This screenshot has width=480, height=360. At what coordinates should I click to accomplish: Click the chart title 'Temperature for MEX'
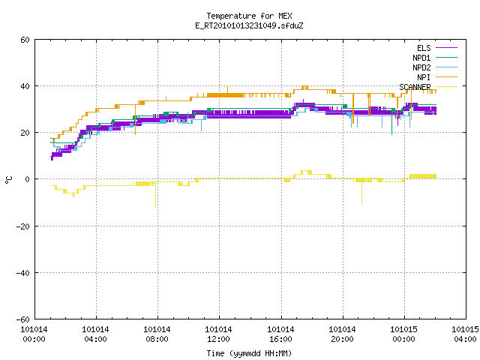[249, 16]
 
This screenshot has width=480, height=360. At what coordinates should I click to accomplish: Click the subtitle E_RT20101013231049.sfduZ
[249, 25]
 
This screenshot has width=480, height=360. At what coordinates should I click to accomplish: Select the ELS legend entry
[437, 48]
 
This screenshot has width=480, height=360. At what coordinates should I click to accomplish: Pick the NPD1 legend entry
[435, 58]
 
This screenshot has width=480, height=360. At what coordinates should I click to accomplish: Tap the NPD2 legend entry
[435, 67]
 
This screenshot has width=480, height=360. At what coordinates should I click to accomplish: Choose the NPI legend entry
[437, 77]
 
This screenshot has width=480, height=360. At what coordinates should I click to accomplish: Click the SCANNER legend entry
[428, 87]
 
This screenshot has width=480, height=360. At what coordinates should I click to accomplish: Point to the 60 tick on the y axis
[25, 40]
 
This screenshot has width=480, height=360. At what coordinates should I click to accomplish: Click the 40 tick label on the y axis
[25, 86]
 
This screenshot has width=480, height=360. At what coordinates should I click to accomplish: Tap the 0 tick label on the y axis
[28, 179]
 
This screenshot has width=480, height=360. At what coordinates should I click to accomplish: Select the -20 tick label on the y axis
[23, 226]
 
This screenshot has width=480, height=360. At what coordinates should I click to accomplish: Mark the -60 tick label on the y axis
[23, 319]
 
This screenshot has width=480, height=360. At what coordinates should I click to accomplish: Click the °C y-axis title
[8, 179]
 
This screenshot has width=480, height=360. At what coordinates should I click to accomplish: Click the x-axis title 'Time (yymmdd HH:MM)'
[249, 353]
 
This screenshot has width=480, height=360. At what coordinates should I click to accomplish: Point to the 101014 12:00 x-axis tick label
[218, 334]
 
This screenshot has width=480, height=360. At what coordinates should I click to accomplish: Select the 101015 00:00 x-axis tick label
[403, 334]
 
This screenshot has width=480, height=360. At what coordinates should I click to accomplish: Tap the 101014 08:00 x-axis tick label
[157, 334]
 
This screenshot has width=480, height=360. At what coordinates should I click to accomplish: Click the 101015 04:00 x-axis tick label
[465, 334]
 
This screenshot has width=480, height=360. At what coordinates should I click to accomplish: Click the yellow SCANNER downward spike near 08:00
[155, 195]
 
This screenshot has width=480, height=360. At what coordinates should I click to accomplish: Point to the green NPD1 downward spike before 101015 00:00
[391, 121]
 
